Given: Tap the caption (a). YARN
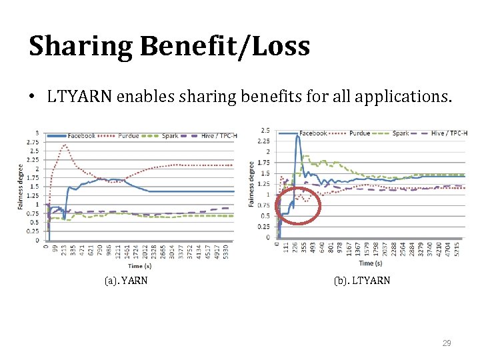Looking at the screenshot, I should click(126, 281).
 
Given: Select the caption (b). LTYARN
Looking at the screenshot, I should click(362, 281).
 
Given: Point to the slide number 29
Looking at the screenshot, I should click(447, 343).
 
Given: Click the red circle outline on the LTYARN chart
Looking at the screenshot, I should click(299, 198).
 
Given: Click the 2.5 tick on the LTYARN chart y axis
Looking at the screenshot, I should click(265, 131).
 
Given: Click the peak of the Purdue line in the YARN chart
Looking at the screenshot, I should click(65, 145).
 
